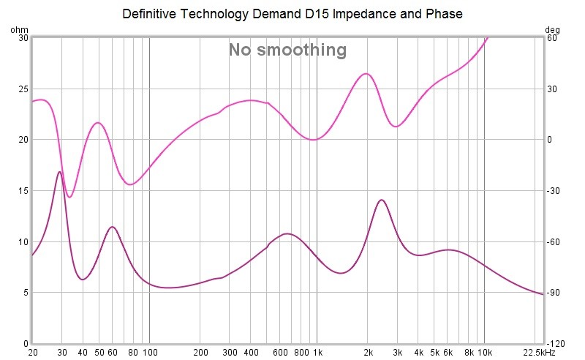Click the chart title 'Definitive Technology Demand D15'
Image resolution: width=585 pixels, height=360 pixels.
tap(292, 14)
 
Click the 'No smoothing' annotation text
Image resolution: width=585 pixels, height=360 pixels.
tap(287, 50)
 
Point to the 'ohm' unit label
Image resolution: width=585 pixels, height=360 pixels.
tap(19, 30)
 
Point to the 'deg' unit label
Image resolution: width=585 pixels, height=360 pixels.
tap(552, 30)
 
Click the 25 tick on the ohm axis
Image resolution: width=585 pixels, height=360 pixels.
tap(23, 89)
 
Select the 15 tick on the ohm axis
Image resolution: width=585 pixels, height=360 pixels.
tap(23, 191)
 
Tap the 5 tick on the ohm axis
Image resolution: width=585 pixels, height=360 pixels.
tap(25, 293)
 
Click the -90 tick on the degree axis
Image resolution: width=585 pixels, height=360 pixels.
tap(554, 293)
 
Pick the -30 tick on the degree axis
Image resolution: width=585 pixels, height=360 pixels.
tap(554, 191)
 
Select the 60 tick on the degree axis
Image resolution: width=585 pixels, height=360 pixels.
tap(552, 38)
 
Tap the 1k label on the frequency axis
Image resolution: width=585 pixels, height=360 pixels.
tap(317, 352)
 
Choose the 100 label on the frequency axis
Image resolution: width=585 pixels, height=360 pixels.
tap(149, 352)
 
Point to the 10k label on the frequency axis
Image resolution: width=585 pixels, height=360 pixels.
tap(485, 352)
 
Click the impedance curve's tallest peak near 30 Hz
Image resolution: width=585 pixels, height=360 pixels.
tap(59, 172)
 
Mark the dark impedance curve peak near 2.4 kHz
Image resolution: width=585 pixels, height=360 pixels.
tap(381, 200)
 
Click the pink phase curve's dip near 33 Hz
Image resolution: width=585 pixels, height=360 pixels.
tap(69, 197)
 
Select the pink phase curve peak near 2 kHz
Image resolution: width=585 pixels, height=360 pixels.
tap(366, 73)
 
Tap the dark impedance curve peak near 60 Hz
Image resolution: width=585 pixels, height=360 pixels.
tap(112, 227)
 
